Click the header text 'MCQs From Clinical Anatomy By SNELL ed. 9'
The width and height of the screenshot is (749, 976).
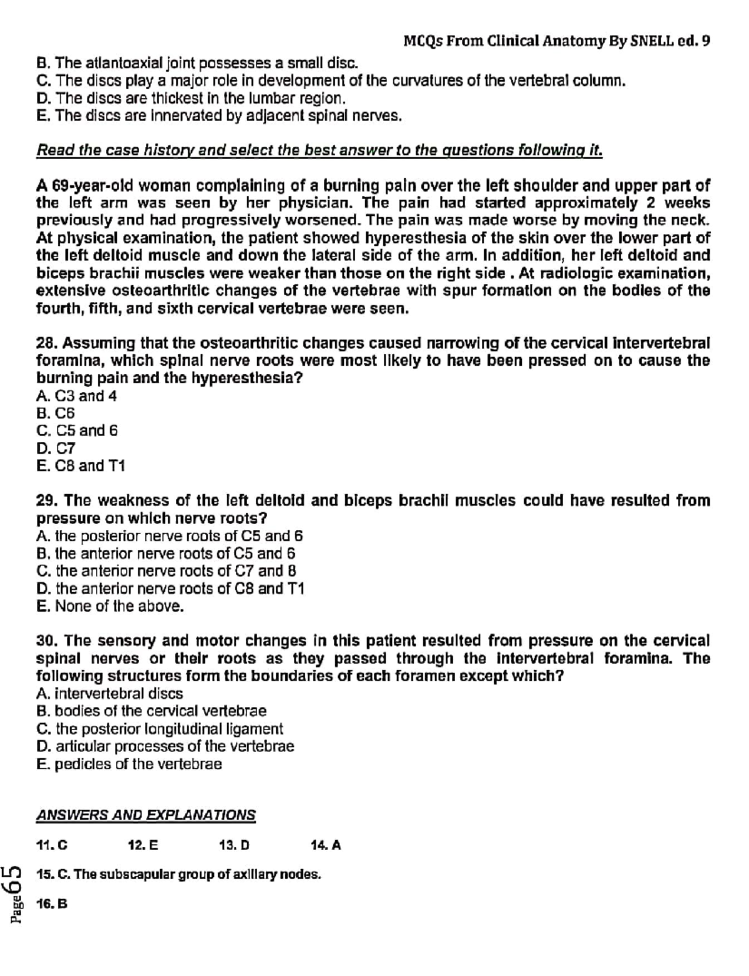[x=556, y=42]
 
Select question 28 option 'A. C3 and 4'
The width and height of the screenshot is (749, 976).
[x=77, y=396]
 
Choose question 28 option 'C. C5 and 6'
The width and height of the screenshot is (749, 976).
[x=77, y=431]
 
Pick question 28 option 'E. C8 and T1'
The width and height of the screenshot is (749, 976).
[x=81, y=466]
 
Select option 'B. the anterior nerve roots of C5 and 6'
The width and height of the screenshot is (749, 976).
[x=166, y=554]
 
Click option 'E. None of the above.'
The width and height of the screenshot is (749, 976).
[x=110, y=607]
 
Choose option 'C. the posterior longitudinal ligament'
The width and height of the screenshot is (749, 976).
[x=160, y=729]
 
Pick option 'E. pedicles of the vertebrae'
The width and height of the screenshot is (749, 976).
[x=129, y=764]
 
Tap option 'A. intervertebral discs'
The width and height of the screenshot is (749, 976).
[x=110, y=694]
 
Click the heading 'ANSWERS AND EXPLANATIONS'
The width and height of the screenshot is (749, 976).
[x=146, y=815]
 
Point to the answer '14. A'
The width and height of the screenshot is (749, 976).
[x=326, y=846]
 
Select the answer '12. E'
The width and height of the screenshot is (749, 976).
[x=143, y=846]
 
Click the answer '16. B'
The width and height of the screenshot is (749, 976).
[x=52, y=904]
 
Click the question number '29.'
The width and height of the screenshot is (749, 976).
[x=47, y=501]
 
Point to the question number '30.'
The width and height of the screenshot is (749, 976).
[x=47, y=641]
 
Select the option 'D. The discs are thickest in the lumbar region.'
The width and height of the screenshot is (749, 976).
[x=191, y=99]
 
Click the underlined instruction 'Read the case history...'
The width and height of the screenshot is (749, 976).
[x=320, y=150]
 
